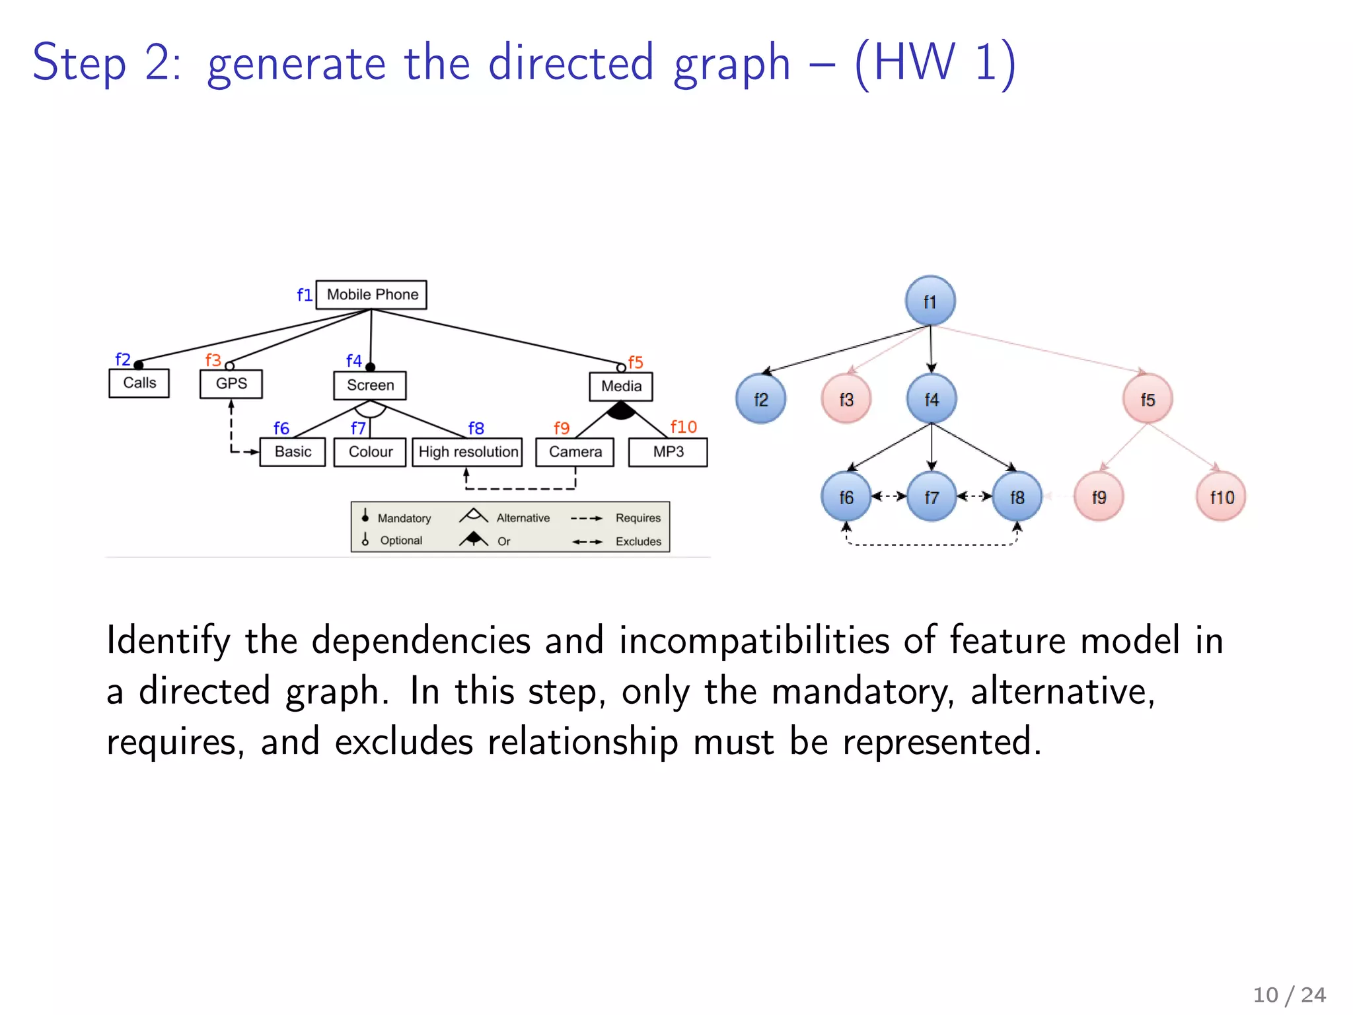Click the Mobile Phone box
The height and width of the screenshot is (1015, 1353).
coord(371,295)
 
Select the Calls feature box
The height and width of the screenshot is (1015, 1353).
coord(139,383)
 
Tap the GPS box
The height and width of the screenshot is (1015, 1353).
coord(231,384)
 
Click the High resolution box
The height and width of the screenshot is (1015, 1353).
coord(468,452)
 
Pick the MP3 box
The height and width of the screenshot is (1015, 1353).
coord(668,452)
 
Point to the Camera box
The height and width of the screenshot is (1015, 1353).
coord(575,452)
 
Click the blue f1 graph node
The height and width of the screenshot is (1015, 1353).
coord(930,301)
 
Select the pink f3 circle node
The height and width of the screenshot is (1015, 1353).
coord(846,399)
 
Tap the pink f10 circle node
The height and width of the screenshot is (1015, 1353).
coord(1221,497)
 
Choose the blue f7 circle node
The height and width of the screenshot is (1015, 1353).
coord(932,497)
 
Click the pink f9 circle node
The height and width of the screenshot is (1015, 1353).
coord(1099,497)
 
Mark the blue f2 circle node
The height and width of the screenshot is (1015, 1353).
coord(761,399)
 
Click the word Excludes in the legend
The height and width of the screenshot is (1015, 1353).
coord(638,542)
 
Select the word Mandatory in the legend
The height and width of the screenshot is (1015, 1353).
coord(404,519)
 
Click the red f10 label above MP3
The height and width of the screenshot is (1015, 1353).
coord(683,428)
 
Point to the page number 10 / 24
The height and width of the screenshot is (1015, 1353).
coord(1289,995)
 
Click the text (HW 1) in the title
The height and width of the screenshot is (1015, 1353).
coord(935,63)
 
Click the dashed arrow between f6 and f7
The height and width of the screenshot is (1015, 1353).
coord(889,496)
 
